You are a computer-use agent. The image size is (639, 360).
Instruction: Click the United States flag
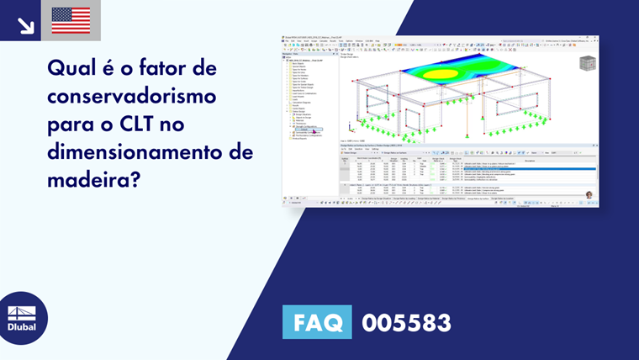click(x=71, y=20)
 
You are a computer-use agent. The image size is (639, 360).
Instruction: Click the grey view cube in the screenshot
click(x=587, y=63)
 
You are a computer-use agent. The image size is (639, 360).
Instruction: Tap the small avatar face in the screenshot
click(x=589, y=195)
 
